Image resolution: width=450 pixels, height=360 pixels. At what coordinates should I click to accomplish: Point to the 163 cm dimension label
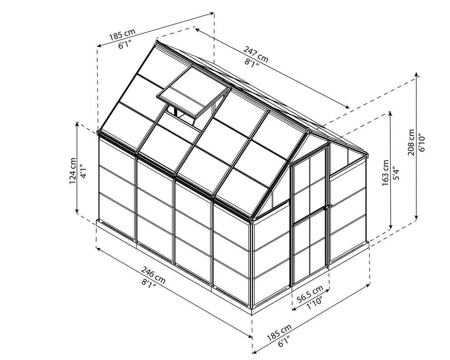click(x=385, y=173)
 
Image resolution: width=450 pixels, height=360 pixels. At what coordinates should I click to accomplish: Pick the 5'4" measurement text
click(x=397, y=173)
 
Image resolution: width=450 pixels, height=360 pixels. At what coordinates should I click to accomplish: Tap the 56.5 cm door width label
click(x=310, y=294)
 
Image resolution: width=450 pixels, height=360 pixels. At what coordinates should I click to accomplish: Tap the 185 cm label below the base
click(x=279, y=332)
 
